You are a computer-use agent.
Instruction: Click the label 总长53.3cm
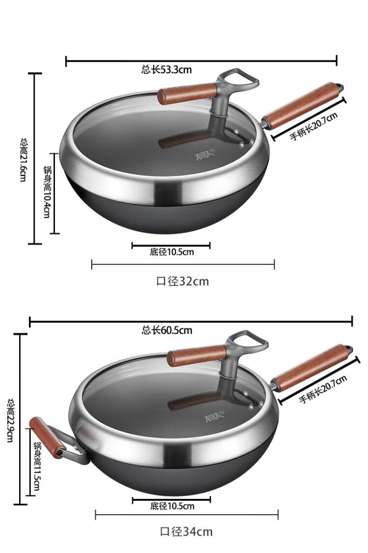click(166, 69)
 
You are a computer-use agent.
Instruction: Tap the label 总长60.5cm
click(167, 330)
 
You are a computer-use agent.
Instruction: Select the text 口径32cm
click(183, 281)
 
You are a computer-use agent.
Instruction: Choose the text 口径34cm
click(186, 531)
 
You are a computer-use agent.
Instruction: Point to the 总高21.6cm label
click(23, 160)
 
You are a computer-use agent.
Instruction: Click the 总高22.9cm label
click(11, 420)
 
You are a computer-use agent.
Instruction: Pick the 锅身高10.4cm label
click(47, 192)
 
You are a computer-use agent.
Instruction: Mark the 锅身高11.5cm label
click(37, 466)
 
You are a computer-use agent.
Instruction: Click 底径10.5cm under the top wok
click(172, 252)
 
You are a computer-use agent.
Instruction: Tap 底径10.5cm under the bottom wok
click(172, 506)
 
